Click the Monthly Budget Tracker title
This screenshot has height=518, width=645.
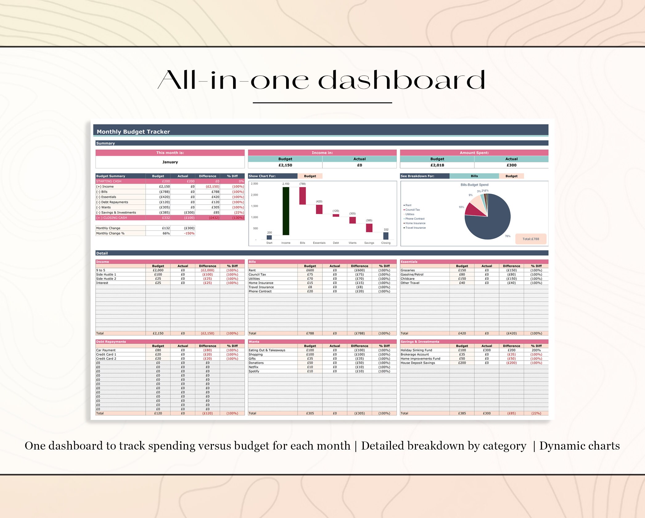(133, 132)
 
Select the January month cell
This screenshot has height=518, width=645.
(170, 162)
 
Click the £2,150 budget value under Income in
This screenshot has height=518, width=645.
(285, 165)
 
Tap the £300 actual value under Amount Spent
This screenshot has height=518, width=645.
(511, 165)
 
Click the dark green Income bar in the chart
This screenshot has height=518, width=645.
(286, 211)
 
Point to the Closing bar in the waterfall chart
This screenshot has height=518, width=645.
(386, 236)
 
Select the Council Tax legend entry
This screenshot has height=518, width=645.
(413, 210)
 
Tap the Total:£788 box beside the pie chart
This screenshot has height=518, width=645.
(531, 239)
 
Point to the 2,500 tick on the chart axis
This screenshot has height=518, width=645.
(254, 184)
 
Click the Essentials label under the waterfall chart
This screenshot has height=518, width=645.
(319, 243)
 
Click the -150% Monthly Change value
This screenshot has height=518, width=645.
(189, 233)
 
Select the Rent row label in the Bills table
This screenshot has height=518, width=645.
(252, 270)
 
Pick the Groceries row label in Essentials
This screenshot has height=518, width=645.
(408, 270)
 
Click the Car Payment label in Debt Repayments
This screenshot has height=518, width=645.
(106, 350)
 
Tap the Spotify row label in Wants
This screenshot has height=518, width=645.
(254, 371)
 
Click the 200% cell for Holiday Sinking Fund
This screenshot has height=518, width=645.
(536, 350)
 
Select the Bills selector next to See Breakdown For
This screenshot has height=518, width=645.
(474, 176)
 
